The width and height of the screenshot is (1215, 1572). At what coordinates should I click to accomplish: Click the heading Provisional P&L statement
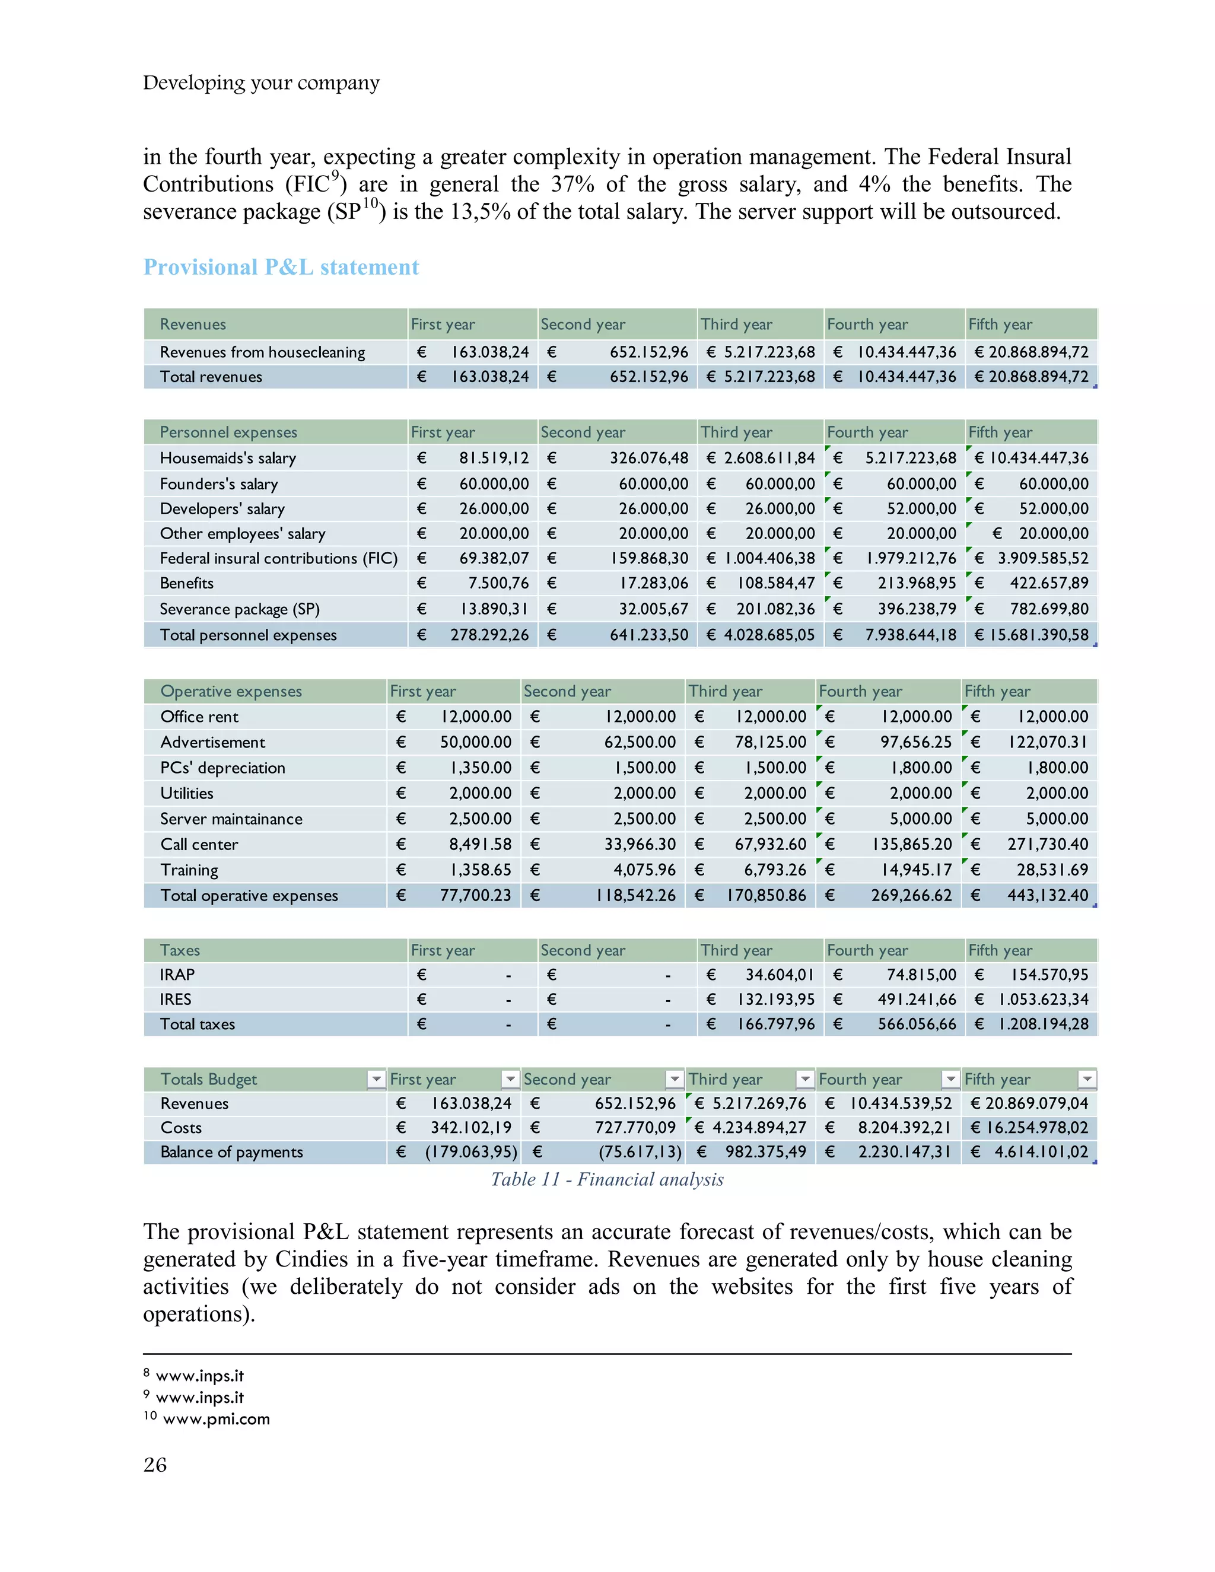click(281, 267)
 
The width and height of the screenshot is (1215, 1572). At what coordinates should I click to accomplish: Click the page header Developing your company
click(260, 83)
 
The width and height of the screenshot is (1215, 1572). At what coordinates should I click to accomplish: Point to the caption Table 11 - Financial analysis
click(607, 1179)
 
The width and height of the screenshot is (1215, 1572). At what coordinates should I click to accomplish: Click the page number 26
click(155, 1465)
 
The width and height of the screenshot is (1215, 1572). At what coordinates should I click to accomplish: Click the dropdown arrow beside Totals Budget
click(376, 1079)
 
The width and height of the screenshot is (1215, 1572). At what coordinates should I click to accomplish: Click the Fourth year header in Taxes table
click(867, 950)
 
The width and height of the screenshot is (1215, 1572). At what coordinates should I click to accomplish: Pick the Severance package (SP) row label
click(239, 609)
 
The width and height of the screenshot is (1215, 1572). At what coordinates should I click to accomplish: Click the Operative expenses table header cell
click(231, 691)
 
